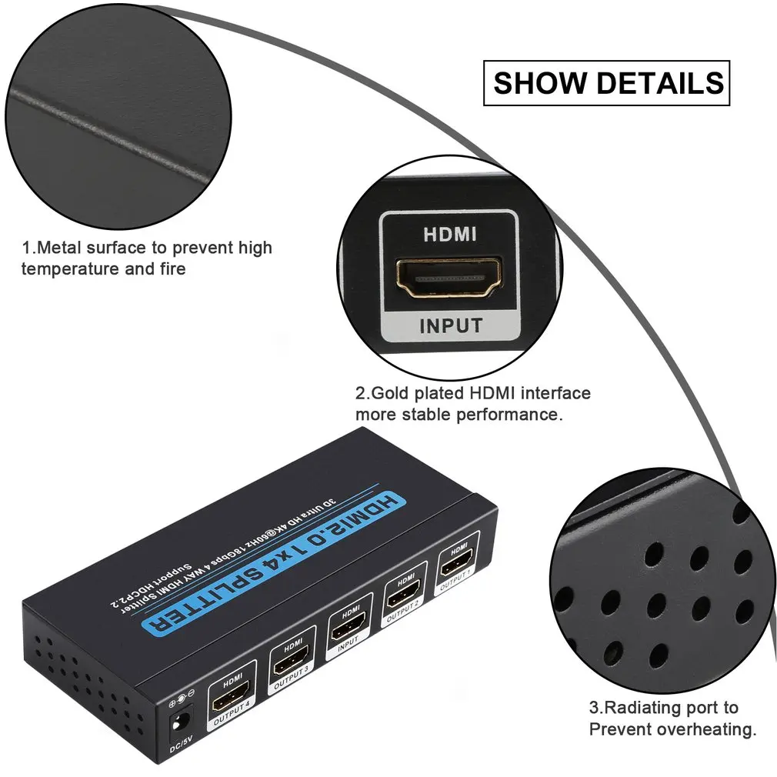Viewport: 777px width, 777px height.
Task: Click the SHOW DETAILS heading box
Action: tap(606, 83)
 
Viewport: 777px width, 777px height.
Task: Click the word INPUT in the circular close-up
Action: tap(451, 325)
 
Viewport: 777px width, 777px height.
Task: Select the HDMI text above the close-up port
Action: tap(450, 235)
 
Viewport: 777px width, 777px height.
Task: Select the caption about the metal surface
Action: tap(146, 258)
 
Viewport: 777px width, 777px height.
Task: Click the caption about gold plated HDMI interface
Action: tap(472, 404)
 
